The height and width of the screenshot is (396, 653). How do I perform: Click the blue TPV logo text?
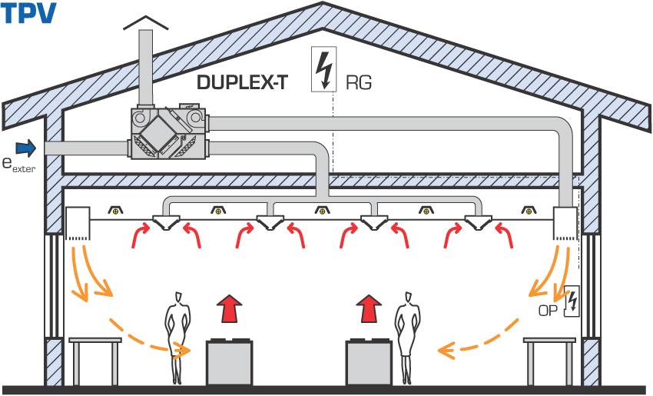point(28,13)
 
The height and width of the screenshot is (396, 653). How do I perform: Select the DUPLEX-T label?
point(242,82)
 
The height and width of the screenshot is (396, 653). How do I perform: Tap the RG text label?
point(359,83)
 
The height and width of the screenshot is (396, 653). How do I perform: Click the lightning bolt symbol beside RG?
point(324,70)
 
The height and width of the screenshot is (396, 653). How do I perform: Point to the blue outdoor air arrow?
point(26,148)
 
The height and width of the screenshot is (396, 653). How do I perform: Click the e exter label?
point(18,165)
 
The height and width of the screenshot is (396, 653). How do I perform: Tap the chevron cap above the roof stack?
point(146,23)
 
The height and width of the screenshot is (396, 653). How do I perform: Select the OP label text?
point(548,311)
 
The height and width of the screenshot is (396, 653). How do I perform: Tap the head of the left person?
point(179,298)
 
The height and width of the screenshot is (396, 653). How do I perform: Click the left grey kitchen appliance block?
point(229,362)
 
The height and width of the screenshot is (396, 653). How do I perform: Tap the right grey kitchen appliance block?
point(369,362)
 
